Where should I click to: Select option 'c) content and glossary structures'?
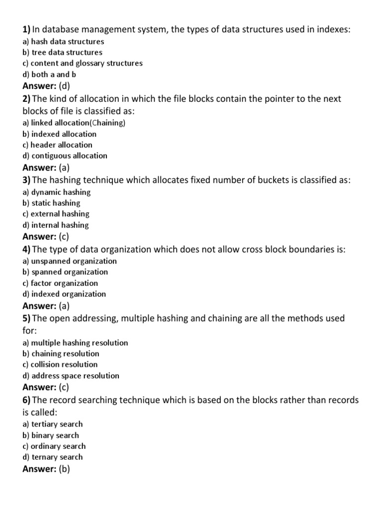[83, 63]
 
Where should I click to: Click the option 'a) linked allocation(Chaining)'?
[74, 123]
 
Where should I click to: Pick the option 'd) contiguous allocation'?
[65, 156]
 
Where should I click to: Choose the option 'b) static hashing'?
[51, 203]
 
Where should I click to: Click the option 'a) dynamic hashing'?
[57, 192]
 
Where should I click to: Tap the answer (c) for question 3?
[64, 237]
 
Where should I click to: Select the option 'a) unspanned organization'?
[70, 261]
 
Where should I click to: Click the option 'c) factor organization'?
[60, 283]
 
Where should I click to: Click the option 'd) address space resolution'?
[71, 376]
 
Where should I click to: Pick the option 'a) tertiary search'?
[53, 424]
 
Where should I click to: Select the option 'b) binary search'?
[51, 435]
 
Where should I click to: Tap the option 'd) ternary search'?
[53, 457]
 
